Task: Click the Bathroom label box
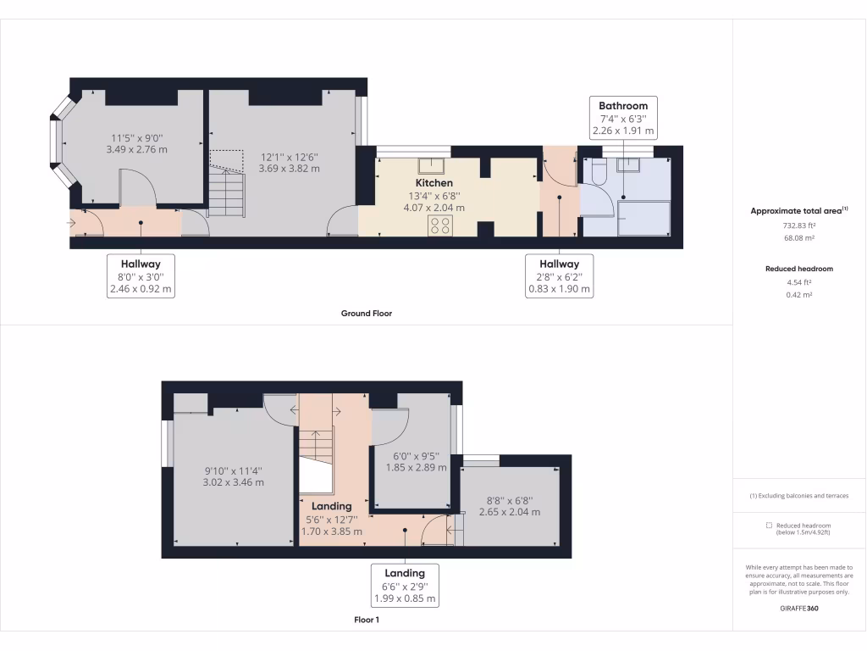(623, 118)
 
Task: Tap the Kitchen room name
(433, 183)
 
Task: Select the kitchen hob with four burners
(440, 225)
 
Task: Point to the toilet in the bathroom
(599, 173)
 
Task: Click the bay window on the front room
(59, 141)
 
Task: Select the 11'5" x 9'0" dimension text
(136, 143)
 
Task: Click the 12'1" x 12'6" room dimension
(289, 162)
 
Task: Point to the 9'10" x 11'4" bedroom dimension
(233, 476)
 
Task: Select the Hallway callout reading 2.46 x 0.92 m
(141, 276)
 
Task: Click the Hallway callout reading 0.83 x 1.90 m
(559, 276)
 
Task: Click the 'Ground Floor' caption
(366, 314)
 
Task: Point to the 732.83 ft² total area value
(798, 226)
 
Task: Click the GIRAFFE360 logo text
(798, 608)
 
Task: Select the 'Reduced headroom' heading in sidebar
(798, 269)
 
